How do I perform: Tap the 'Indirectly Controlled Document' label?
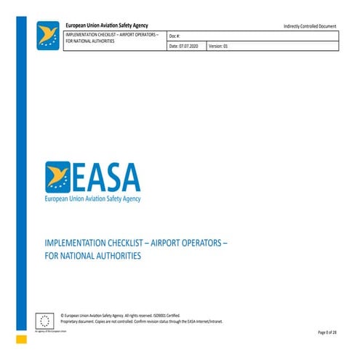(x=310, y=27)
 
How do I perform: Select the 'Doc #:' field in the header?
(x=175, y=36)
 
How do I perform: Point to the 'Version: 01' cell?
(x=219, y=46)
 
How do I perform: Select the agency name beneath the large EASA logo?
(x=93, y=198)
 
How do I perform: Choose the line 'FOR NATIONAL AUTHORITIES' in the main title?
(x=92, y=255)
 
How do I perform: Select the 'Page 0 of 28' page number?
(x=327, y=332)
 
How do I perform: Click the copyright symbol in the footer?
(x=64, y=314)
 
